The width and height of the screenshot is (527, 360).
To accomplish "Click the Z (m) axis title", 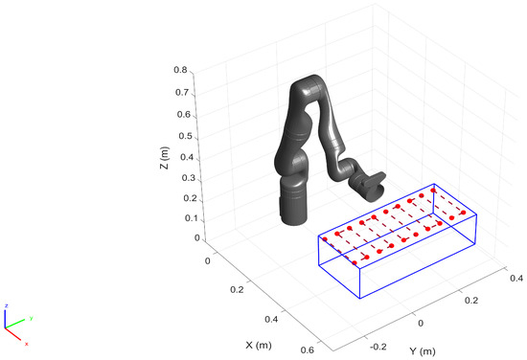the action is [165, 158].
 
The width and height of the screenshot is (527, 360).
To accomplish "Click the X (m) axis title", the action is [259, 345].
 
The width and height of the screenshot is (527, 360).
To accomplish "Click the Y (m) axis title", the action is [423, 351].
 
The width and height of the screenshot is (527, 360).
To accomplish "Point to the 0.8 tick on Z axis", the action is [181, 70].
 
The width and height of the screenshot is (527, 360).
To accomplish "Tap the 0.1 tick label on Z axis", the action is [191, 218].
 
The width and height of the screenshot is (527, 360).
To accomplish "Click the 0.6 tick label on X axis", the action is [308, 349].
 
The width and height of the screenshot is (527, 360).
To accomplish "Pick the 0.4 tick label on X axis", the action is [271, 319].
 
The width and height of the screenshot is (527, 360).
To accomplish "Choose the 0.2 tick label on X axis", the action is [237, 289].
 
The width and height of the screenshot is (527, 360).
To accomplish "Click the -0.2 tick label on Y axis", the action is [378, 347].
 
